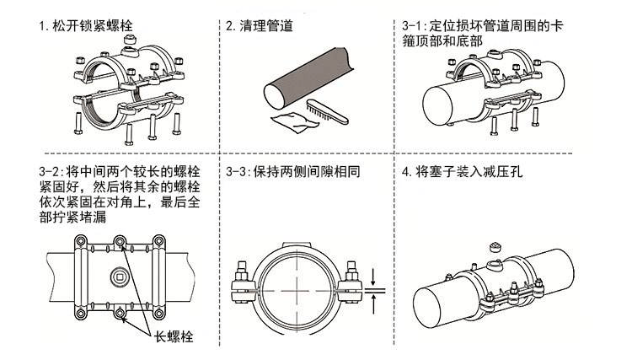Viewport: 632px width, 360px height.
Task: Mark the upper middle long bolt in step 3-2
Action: (124, 244)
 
